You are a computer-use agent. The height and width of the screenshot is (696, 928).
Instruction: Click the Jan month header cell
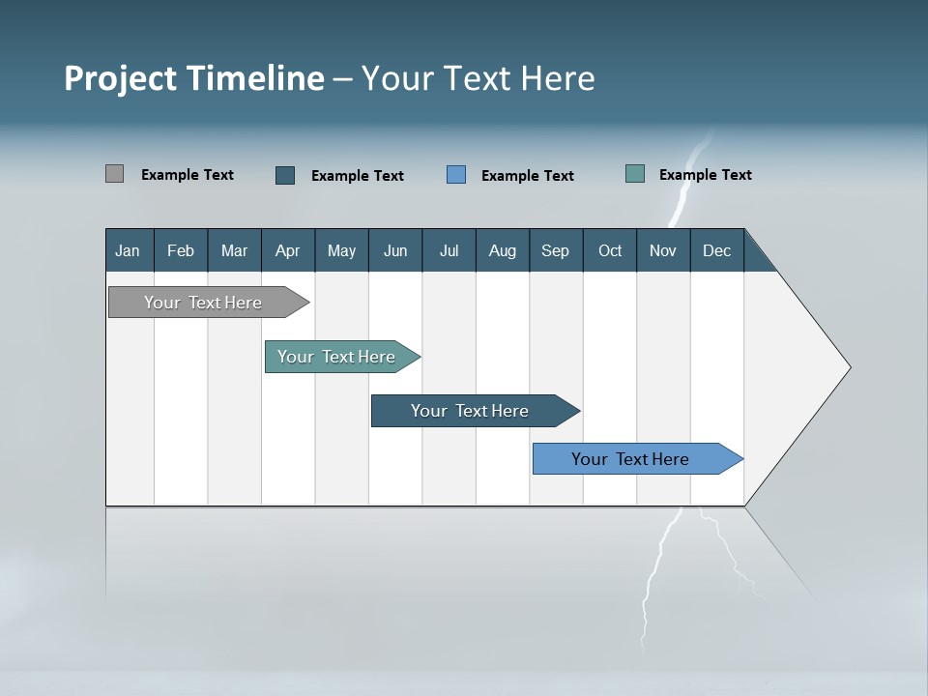tap(129, 250)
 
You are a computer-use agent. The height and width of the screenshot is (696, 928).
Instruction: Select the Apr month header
tap(287, 250)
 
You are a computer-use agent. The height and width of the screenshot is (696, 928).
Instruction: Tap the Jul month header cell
tap(449, 250)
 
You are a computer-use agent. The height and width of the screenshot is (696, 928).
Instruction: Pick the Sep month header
tap(555, 250)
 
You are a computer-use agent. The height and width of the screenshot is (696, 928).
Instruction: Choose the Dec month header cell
tap(716, 250)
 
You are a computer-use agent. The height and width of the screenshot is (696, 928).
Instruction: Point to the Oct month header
tap(609, 250)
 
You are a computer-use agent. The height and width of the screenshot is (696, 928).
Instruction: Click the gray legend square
tap(114, 174)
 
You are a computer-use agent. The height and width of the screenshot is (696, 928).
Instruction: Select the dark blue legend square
tap(285, 175)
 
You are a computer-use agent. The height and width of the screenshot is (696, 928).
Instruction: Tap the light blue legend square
tap(456, 175)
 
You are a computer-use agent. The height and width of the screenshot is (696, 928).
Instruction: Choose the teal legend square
tap(635, 174)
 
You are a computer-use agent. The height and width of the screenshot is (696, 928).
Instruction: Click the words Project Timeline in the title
tap(193, 78)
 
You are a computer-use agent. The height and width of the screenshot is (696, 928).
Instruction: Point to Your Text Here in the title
tap(478, 78)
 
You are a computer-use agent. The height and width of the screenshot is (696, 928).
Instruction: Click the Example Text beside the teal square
tap(705, 175)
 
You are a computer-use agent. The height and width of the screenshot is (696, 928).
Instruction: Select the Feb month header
tap(181, 250)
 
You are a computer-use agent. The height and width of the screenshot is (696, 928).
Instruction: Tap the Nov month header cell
tap(662, 250)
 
